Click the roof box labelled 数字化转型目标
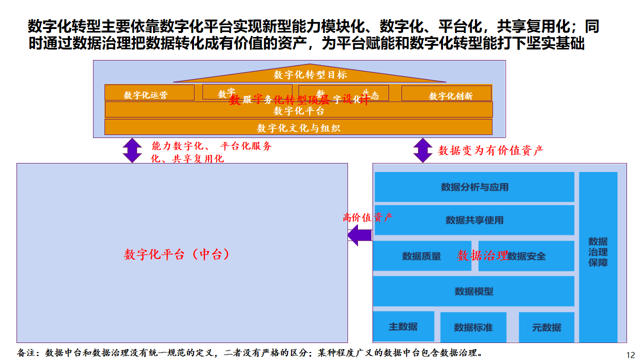[x=309, y=74]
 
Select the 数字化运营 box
[x=146, y=94]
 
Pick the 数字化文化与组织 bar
[x=299, y=128]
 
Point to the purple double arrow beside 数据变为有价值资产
[x=421, y=150]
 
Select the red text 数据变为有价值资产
[x=489, y=150]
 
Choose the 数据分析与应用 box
[x=474, y=187]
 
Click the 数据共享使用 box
[x=474, y=221]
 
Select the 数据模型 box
[x=474, y=292]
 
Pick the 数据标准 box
[x=473, y=327]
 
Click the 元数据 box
[x=546, y=326]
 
